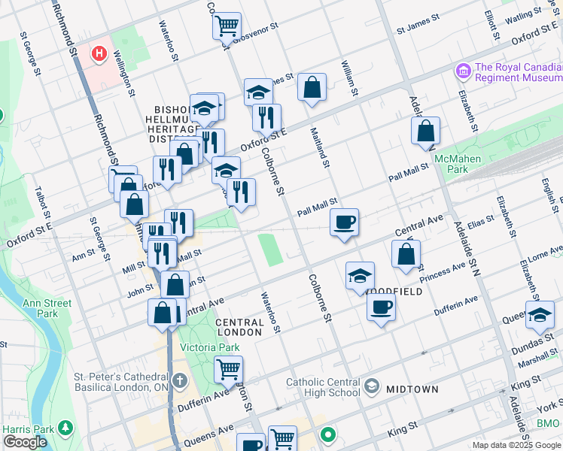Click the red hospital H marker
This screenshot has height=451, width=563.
pyautogui.click(x=98, y=54)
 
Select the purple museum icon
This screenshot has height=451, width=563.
pyautogui.click(x=463, y=71)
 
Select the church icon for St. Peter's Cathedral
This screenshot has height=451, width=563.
pyautogui.click(x=178, y=381)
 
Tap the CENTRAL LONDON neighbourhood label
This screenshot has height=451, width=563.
pyautogui.click(x=240, y=327)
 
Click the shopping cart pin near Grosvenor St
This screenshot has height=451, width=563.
pyautogui.click(x=227, y=26)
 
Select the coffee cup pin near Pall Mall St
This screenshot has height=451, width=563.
pyautogui.click(x=344, y=222)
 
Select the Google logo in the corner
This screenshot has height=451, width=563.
pyautogui.click(x=25, y=442)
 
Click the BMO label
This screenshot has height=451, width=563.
pyautogui.click(x=548, y=424)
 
